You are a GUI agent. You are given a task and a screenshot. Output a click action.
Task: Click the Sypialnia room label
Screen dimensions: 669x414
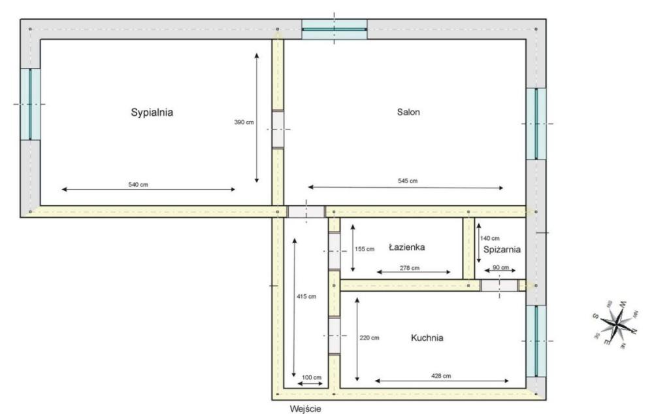click(152, 112)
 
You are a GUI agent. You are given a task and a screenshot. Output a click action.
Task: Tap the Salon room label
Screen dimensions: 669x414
click(408, 112)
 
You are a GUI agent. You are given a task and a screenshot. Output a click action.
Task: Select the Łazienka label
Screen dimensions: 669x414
click(406, 247)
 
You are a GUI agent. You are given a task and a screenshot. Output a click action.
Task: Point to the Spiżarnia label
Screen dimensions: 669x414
click(502, 249)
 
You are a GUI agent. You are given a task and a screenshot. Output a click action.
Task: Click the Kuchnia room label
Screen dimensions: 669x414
click(427, 338)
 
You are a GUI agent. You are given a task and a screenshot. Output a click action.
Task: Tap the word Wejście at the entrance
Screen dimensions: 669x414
click(306, 409)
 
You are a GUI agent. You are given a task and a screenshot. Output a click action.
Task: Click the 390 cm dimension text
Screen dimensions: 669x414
click(244, 122)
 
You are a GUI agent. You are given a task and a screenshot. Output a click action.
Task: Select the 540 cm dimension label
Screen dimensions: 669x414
click(139, 184)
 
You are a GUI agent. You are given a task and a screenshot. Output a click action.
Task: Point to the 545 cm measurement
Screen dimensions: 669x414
click(408, 181)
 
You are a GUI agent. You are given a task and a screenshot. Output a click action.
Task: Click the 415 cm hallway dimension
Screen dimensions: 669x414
click(307, 296)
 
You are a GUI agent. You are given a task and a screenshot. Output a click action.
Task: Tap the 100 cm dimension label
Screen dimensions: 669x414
click(312, 377)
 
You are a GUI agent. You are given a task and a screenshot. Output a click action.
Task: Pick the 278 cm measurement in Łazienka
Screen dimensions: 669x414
click(410, 268)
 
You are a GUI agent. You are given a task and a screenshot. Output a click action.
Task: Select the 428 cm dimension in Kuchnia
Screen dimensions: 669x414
click(441, 376)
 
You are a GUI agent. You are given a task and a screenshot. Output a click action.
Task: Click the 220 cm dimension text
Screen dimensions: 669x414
click(370, 337)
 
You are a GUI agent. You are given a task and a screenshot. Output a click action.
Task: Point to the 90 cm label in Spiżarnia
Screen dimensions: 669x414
click(501, 267)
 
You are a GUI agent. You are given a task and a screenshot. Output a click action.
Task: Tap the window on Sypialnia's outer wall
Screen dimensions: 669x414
click(30, 104)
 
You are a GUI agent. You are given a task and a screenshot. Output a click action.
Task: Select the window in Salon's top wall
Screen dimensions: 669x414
click(334, 29)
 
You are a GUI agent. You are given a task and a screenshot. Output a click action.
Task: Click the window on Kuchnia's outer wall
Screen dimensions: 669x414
click(536, 341)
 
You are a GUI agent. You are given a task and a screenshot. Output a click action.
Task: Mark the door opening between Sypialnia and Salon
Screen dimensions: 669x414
click(278, 129)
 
